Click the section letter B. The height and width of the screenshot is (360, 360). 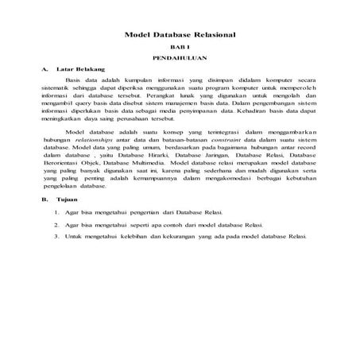coord(45,199)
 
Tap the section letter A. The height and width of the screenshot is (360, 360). coord(45,70)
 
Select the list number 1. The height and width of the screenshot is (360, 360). coord(56,213)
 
